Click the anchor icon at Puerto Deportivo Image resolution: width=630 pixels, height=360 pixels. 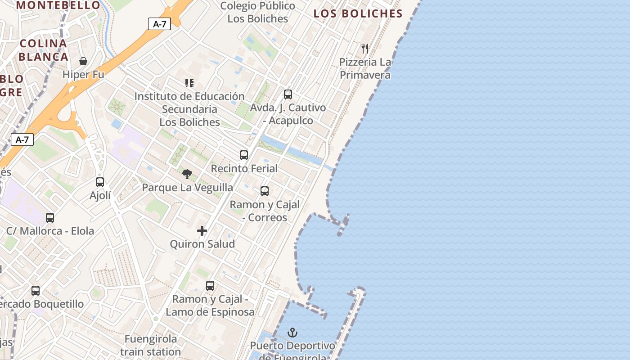coord(292,333)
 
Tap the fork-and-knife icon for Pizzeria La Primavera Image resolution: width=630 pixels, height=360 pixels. coord(365,49)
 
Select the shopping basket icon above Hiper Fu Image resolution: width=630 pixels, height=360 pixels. coord(83,61)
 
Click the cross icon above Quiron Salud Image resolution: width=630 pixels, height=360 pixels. coord(202,231)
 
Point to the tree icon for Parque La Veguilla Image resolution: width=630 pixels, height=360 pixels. coord(187,174)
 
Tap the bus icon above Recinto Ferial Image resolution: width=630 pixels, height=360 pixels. coord(244,155)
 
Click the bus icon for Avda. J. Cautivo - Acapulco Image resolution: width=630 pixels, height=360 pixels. coord(288,94)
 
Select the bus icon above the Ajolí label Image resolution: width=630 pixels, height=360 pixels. coord(100,182)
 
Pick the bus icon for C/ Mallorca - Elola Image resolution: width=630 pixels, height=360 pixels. coord(50,218)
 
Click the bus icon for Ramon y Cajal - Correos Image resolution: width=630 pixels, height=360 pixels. coord(265,191)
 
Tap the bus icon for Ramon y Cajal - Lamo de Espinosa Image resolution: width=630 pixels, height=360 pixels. coord(210,286)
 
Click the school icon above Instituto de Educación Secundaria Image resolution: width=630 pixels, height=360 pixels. coord(189,83)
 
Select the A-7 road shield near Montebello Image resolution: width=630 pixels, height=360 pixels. coord(160,24)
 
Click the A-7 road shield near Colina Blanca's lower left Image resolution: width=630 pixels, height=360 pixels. coord(22,139)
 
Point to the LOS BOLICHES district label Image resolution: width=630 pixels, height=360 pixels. coord(358,13)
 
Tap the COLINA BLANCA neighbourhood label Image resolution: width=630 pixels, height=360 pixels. coord(44,50)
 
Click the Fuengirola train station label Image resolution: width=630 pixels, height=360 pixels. coord(151,345)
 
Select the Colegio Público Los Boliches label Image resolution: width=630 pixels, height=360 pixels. coord(257,12)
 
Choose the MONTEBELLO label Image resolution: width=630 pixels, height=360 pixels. coord(58,5)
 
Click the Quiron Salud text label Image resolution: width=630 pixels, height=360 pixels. coord(202,244)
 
